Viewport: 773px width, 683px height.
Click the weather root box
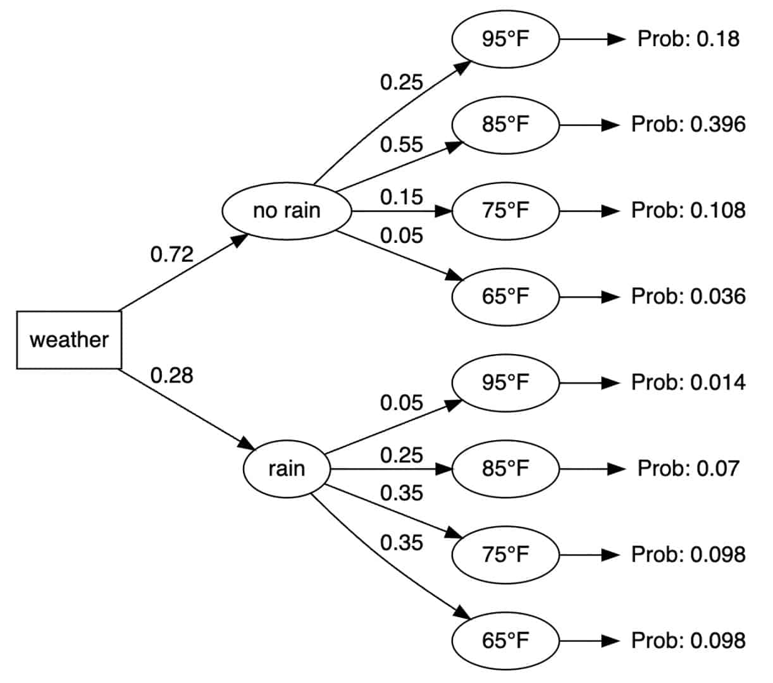click(x=69, y=340)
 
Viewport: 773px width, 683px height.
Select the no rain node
click(x=287, y=211)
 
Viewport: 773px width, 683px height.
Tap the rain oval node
click(x=287, y=469)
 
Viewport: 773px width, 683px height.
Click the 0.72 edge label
click(x=171, y=254)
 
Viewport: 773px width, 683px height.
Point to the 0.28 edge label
click(x=171, y=375)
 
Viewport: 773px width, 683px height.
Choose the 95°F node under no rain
click(x=505, y=39)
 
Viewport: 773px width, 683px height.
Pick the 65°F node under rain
click(x=505, y=641)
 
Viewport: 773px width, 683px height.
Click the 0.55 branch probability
click(x=401, y=144)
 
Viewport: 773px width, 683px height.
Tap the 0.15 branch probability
click(x=401, y=197)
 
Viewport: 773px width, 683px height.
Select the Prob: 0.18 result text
click(x=688, y=39)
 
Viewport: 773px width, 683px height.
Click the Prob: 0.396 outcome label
click(x=688, y=125)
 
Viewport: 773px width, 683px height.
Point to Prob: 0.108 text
click(x=688, y=211)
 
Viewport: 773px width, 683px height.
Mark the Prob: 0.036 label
click(x=688, y=297)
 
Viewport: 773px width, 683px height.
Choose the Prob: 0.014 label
click(x=688, y=383)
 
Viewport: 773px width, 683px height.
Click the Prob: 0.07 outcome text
click(x=688, y=469)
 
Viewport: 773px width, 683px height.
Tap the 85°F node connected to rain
click(x=505, y=469)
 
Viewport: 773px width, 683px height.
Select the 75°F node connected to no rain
click(x=505, y=211)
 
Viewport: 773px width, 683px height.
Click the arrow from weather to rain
click(x=183, y=409)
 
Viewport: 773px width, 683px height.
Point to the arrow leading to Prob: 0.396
click(x=588, y=125)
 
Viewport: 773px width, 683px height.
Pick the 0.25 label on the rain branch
click(x=401, y=455)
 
